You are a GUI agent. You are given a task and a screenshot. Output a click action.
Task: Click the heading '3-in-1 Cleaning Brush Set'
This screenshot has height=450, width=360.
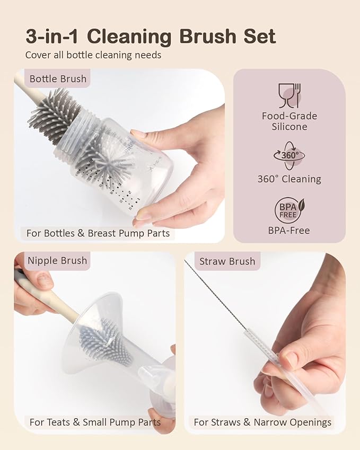[x=151, y=37]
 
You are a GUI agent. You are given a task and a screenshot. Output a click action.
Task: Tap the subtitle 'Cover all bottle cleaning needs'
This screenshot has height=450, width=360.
[x=93, y=55]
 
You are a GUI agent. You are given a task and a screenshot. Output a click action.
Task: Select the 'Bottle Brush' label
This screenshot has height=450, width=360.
[x=58, y=78]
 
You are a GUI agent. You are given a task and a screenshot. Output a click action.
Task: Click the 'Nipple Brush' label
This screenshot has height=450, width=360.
[x=57, y=261]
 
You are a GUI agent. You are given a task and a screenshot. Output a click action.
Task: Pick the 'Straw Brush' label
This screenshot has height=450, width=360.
[x=227, y=261]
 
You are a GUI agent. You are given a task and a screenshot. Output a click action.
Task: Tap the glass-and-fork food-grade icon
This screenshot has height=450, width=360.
[x=289, y=95]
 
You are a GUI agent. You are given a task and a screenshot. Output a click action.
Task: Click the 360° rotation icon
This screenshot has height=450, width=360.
[x=289, y=155]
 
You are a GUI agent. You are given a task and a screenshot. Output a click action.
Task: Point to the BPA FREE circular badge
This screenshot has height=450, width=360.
[x=289, y=210]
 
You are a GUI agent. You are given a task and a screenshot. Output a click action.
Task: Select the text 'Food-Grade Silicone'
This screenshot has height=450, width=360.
[x=289, y=121]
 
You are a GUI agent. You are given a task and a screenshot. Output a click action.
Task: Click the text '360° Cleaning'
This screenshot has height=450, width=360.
[x=289, y=179]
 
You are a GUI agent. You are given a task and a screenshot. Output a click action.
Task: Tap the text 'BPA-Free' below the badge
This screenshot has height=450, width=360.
[x=289, y=231]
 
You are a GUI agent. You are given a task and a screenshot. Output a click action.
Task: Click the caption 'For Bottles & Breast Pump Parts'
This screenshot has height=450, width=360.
[x=98, y=233]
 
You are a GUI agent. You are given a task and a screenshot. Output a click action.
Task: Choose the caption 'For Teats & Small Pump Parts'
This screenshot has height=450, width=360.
[x=95, y=422]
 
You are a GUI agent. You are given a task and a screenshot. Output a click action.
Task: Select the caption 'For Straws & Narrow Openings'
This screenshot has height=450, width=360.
[x=262, y=422]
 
